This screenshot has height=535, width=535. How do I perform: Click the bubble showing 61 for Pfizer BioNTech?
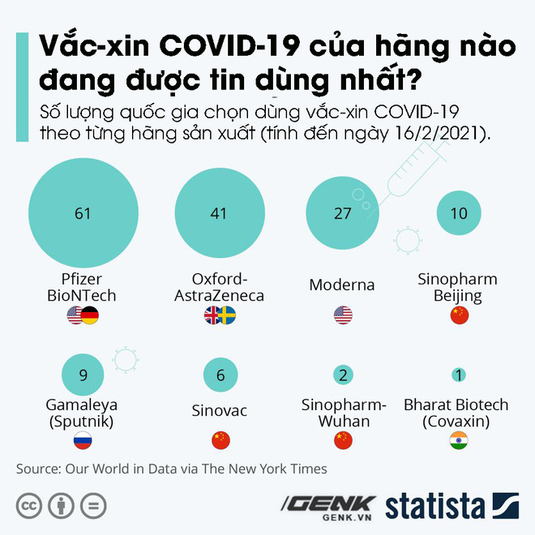(82, 214)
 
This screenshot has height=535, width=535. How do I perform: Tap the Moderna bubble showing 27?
(342, 214)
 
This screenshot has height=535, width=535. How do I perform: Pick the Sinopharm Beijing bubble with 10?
(459, 214)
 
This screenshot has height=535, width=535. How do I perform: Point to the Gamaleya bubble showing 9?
(83, 375)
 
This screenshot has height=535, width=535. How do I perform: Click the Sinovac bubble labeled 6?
(220, 375)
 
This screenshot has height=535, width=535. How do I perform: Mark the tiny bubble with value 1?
(459, 375)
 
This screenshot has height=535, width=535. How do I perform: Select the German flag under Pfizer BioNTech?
(88, 315)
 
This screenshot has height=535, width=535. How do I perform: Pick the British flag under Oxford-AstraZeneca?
(212, 315)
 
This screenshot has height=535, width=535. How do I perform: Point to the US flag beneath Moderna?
(343, 315)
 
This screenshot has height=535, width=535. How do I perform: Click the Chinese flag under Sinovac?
(220, 440)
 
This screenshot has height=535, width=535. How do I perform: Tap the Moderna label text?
(342, 285)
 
